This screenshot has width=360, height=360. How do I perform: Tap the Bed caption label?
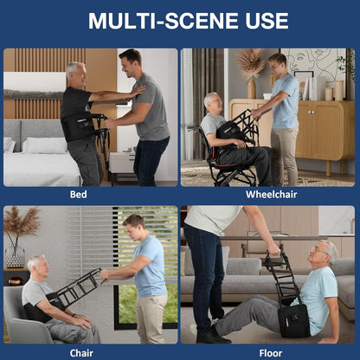79,195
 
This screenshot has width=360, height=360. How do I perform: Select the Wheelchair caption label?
271,195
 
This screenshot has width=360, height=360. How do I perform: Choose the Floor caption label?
271,352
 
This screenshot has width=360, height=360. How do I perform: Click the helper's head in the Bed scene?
129,63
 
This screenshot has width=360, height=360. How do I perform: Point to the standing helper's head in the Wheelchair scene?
278,64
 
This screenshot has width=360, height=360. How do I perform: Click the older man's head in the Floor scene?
325,254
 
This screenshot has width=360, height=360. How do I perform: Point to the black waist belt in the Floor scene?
293,319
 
